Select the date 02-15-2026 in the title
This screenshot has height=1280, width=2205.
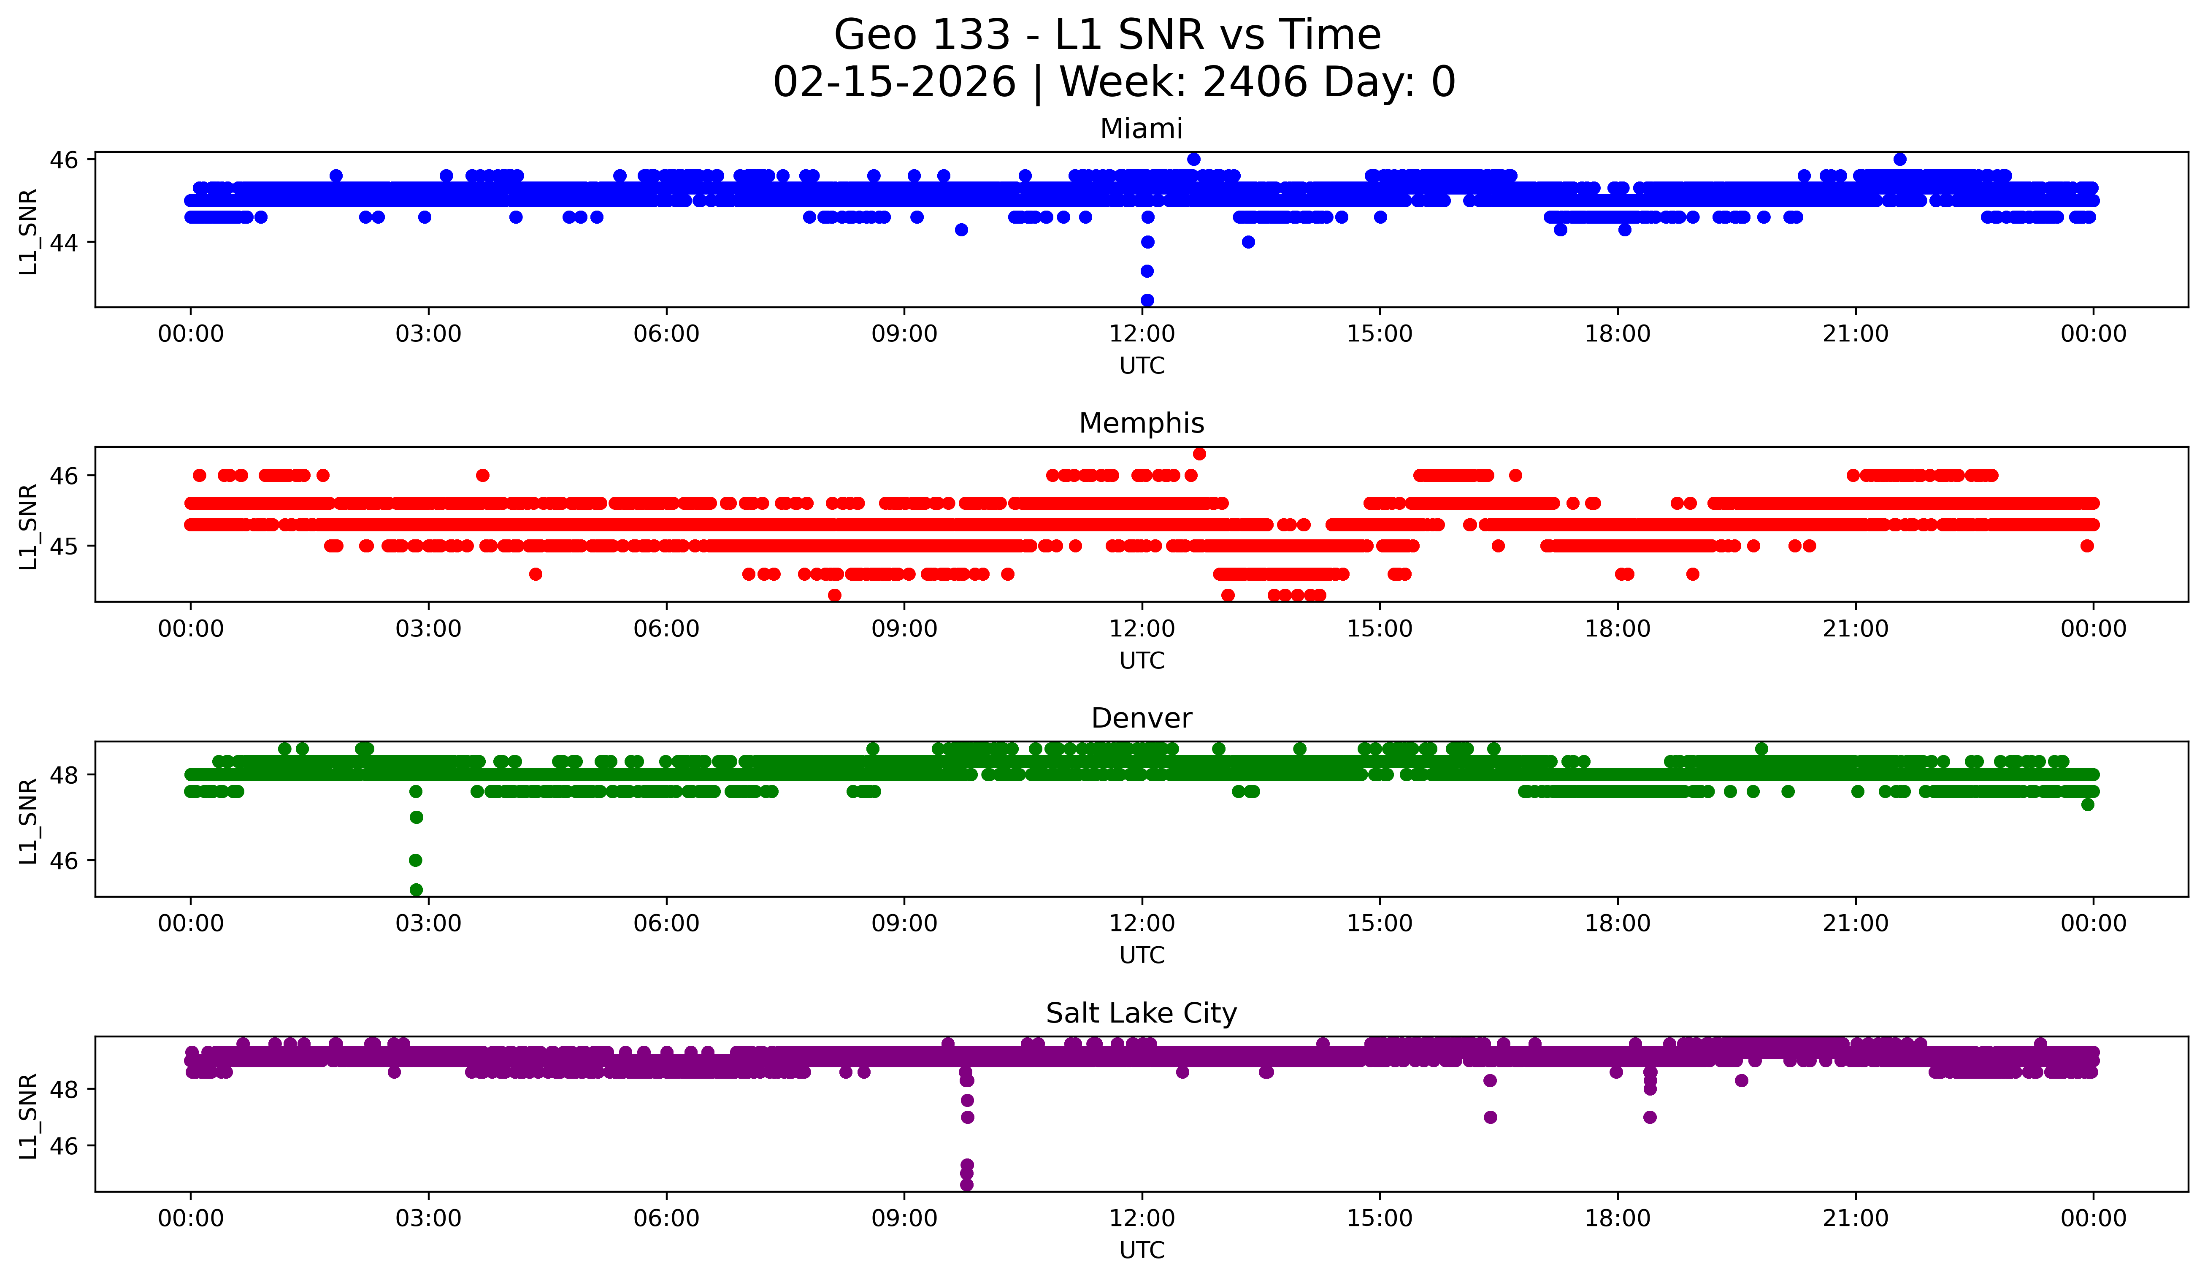pyautogui.click(x=894, y=82)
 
